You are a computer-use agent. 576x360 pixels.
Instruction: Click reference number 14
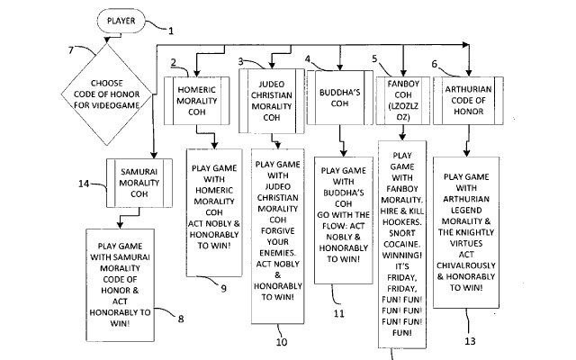click(x=84, y=184)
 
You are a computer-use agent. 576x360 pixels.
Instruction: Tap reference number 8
click(x=184, y=319)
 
